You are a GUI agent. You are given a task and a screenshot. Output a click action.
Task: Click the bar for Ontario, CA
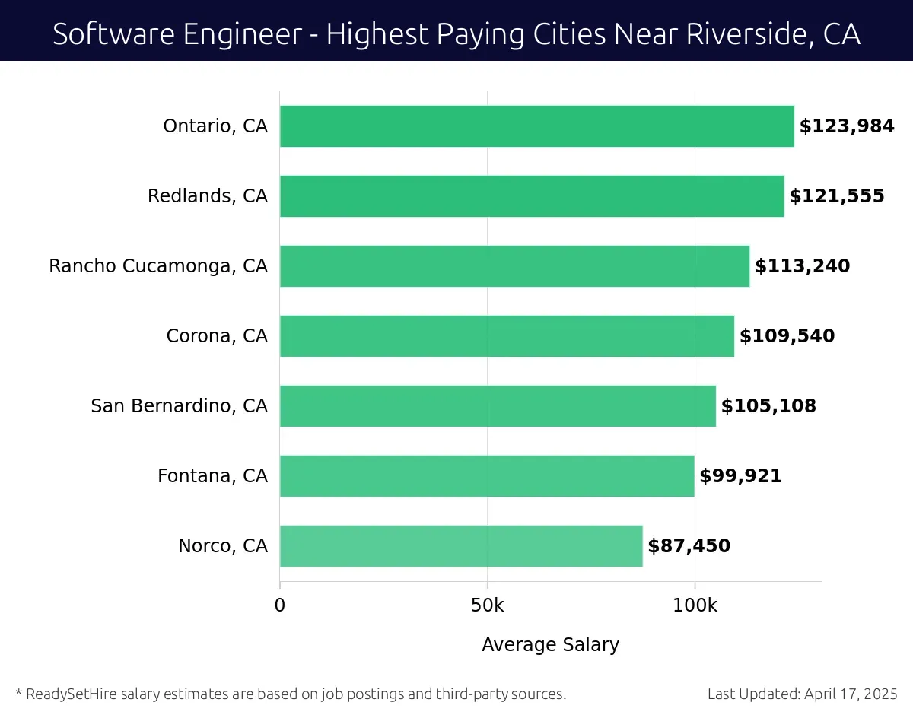pos(536,126)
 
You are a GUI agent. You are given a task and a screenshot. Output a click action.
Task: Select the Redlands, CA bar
pos(532,196)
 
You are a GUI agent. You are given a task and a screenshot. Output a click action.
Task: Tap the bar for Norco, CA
pos(461,546)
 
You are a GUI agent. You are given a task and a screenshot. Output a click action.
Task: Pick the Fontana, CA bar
pos(487,476)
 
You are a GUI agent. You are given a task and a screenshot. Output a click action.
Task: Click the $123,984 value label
pos(847,126)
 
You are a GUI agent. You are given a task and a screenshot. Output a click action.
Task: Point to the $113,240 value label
pos(802,266)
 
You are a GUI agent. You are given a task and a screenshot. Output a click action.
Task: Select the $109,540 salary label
pos(787,336)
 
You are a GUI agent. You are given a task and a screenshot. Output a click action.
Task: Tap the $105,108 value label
pos(768,406)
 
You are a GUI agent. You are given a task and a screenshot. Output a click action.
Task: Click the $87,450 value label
pos(689,546)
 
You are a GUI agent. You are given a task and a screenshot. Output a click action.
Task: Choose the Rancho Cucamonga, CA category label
pos(158,266)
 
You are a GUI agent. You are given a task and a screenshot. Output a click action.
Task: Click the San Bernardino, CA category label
pos(179,406)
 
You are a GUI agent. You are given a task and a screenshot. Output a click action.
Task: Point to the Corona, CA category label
pos(217,336)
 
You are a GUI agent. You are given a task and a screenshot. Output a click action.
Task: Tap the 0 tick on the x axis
pos(280,605)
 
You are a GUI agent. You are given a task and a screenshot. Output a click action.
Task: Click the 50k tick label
pos(487,605)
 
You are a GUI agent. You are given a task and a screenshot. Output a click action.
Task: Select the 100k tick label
pos(695,605)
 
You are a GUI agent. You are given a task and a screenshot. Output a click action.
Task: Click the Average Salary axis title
pos(550,645)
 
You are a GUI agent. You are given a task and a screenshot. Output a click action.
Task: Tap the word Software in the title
pos(101,34)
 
